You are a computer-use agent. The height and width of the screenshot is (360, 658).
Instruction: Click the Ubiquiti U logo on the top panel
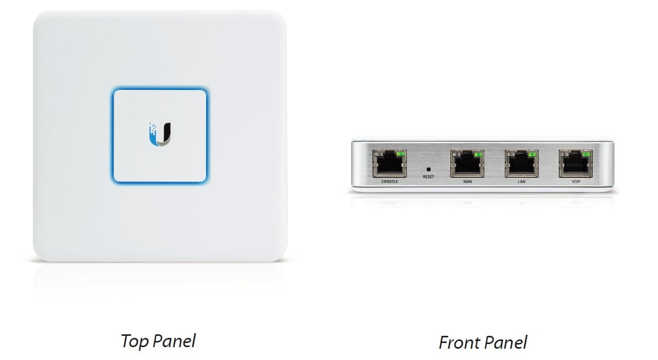[160, 135]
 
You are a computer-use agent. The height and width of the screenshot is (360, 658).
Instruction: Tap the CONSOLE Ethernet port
[390, 164]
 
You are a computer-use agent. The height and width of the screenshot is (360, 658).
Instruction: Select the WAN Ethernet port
[467, 164]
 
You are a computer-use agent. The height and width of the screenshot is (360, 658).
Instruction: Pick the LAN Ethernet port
[521, 164]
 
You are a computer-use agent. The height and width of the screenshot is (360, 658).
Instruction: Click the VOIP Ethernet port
[576, 164]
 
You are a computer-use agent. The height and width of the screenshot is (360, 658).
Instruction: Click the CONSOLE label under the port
[390, 182]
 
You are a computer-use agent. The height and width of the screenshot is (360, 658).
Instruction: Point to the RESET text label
[428, 177]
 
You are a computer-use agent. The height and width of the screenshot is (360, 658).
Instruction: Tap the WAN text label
[467, 182]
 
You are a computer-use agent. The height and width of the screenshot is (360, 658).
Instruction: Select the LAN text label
[521, 182]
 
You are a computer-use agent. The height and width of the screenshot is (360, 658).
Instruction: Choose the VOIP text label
[576, 182]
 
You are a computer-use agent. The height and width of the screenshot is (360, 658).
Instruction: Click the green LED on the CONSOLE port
[400, 154]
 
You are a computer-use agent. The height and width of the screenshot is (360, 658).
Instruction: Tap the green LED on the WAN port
[478, 154]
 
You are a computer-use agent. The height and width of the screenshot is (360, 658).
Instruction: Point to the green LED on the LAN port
[532, 154]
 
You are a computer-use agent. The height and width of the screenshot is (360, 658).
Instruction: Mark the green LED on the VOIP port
[587, 154]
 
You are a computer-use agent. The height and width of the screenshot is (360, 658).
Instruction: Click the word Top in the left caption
[134, 341]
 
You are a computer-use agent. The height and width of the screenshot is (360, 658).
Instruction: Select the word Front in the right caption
[459, 343]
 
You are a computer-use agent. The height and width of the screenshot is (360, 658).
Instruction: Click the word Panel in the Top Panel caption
[174, 341]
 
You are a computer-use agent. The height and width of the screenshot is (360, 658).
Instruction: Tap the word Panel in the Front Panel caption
[505, 343]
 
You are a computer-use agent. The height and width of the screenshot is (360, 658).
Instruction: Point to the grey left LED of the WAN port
[456, 154]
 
